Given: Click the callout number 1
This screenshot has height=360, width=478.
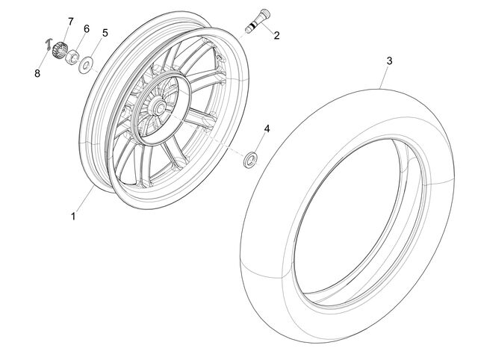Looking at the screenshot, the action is pos(73,217).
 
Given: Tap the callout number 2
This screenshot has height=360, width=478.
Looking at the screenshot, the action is pos(276,36).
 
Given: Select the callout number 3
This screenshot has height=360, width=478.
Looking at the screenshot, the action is pos(389,61).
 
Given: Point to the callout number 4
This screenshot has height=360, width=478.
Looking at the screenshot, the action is pos(267,129).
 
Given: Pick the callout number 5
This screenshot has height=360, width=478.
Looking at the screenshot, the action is pos(105,33).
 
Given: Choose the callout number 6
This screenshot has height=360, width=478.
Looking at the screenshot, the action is pos(87,29).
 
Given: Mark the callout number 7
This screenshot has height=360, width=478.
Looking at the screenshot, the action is pos(70,22).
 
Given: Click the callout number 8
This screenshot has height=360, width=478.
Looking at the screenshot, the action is pos(37,73).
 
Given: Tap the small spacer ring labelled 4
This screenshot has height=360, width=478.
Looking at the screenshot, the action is pos(251,160).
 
